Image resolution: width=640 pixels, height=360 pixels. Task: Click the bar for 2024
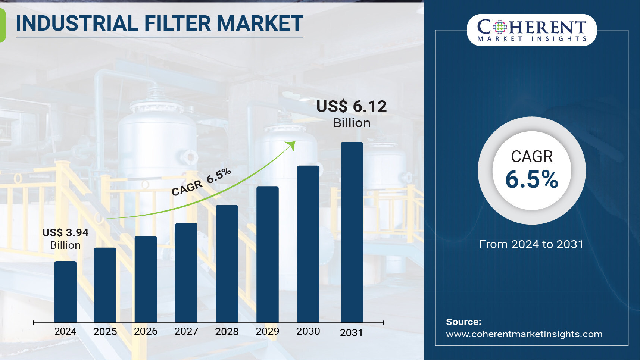[x=65, y=292]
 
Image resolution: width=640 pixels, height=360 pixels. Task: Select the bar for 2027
[x=186, y=273]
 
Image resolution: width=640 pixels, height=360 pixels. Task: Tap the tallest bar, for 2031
[x=352, y=232]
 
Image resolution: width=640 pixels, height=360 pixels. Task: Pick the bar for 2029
[x=268, y=254]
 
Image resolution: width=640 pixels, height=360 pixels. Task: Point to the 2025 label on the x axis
[x=105, y=332]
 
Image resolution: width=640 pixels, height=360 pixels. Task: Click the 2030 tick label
[x=308, y=331]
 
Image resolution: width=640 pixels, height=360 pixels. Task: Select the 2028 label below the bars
[x=227, y=332]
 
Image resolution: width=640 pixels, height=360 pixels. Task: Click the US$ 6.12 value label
[x=352, y=106]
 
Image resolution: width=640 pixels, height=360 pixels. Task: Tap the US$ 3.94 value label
[x=65, y=232]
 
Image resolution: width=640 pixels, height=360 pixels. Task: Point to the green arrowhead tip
[x=295, y=141]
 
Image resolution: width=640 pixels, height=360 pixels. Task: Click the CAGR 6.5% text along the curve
[x=201, y=182]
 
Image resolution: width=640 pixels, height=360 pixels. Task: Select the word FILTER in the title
[x=178, y=24]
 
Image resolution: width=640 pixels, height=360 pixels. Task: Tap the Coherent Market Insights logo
[x=532, y=30]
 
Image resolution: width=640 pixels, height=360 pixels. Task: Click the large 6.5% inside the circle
[x=532, y=179]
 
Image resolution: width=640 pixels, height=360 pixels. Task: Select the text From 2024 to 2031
[x=531, y=244]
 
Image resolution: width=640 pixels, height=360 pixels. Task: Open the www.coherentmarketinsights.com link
[x=524, y=334]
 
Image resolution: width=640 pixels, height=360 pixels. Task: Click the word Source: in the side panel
[x=464, y=322]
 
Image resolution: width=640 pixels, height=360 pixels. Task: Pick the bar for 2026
[x=146, y=279]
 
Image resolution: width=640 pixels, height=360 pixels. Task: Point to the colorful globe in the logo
[x=500, y=27]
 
